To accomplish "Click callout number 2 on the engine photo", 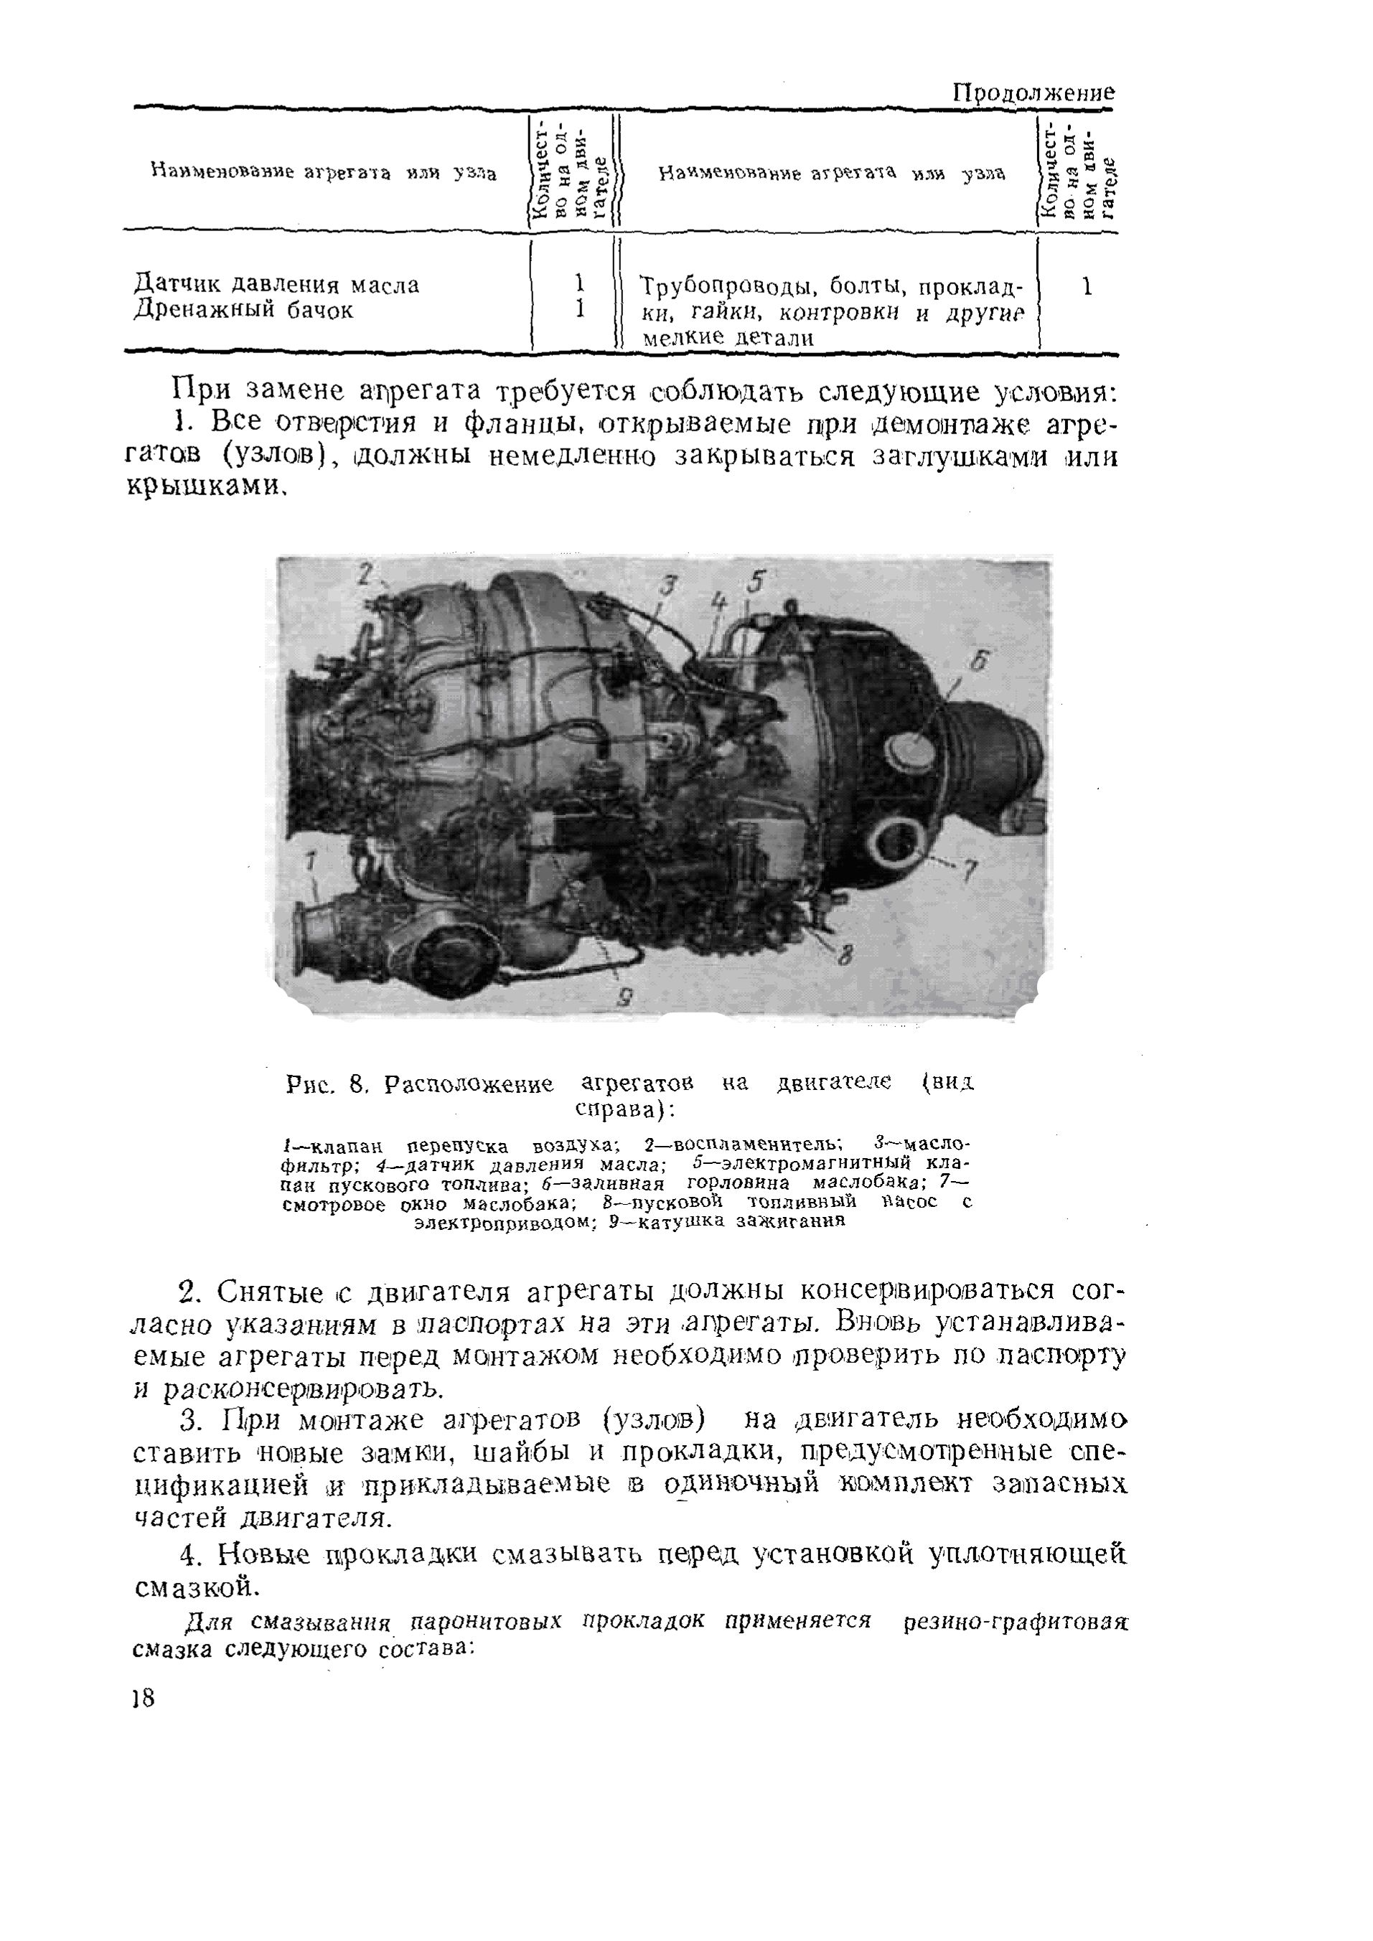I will (x=365, y=574).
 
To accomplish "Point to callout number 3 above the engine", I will (x=669, y=584).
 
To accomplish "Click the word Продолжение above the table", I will (x=1033, y=92).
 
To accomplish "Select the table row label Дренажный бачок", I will (x=243, y=311).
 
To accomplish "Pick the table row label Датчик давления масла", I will (x=276, y=285).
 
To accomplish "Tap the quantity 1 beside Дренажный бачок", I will (x=580, y=310).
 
